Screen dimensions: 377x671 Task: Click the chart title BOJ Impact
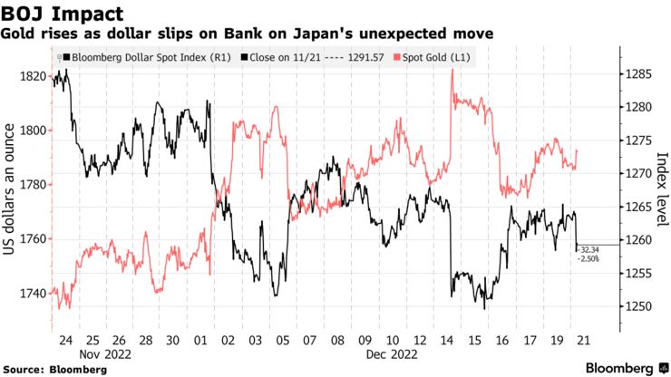[62, 13]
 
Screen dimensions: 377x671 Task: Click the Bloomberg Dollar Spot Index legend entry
[145, 57]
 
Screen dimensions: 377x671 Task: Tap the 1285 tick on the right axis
[637, 73]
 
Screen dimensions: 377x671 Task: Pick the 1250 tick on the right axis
[637, 306]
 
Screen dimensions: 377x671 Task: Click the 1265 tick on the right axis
[637, 207]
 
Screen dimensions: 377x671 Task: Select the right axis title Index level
[661, 191]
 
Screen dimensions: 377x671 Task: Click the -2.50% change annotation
[588, 258]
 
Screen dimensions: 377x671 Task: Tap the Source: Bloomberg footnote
[54, 370]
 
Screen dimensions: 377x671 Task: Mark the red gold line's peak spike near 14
[452, 71]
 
